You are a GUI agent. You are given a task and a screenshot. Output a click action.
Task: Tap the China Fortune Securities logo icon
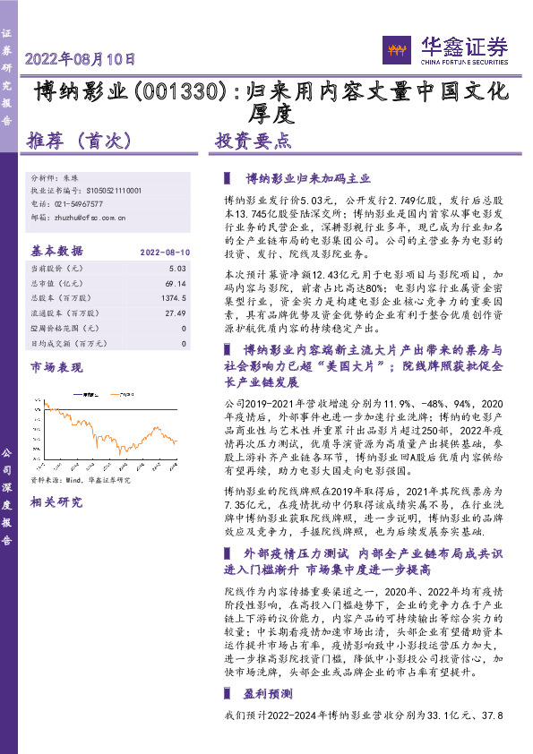pos(396,48)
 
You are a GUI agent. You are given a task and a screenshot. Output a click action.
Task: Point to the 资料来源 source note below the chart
pos(81,480)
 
